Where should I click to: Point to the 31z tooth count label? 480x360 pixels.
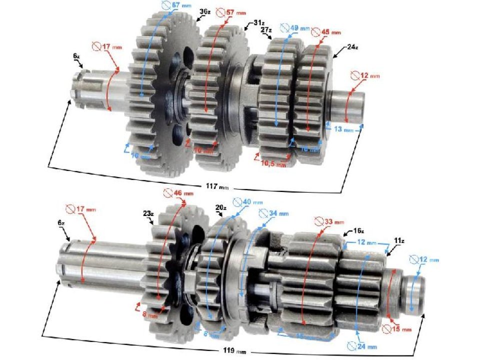coord(258,23)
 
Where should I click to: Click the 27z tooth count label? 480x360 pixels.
coord(266,29)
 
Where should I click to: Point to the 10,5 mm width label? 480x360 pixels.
coord(274,163)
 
